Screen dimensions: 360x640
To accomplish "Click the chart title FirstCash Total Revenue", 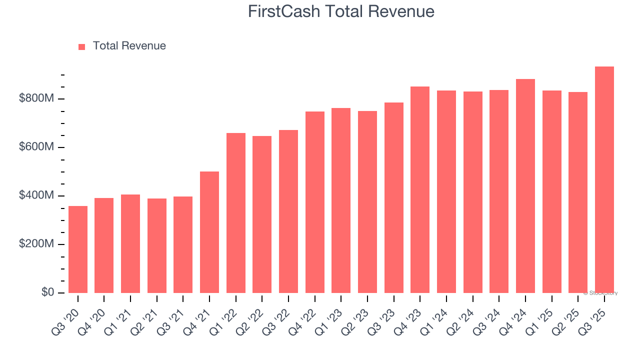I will coord(341,11).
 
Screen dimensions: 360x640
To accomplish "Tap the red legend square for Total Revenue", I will coord(82,46).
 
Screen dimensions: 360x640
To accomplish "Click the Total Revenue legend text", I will coord(129,46).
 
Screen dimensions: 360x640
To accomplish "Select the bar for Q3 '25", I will coord(604,180).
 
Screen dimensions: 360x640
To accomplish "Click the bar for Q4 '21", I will coord(209,232).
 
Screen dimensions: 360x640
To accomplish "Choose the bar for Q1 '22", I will coord(236,212).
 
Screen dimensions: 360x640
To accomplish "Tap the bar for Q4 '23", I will coord(420,189).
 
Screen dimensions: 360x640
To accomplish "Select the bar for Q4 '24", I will coord(525,186).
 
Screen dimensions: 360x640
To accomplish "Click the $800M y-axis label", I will coord(36,98).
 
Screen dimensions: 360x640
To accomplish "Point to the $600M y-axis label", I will coord(36,147).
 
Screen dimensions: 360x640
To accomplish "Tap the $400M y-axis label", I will coord(36,195).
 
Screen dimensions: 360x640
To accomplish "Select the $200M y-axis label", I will coord(36,244).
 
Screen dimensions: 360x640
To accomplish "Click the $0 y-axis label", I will coord(47,292).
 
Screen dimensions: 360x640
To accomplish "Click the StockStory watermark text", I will coord(601,293).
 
